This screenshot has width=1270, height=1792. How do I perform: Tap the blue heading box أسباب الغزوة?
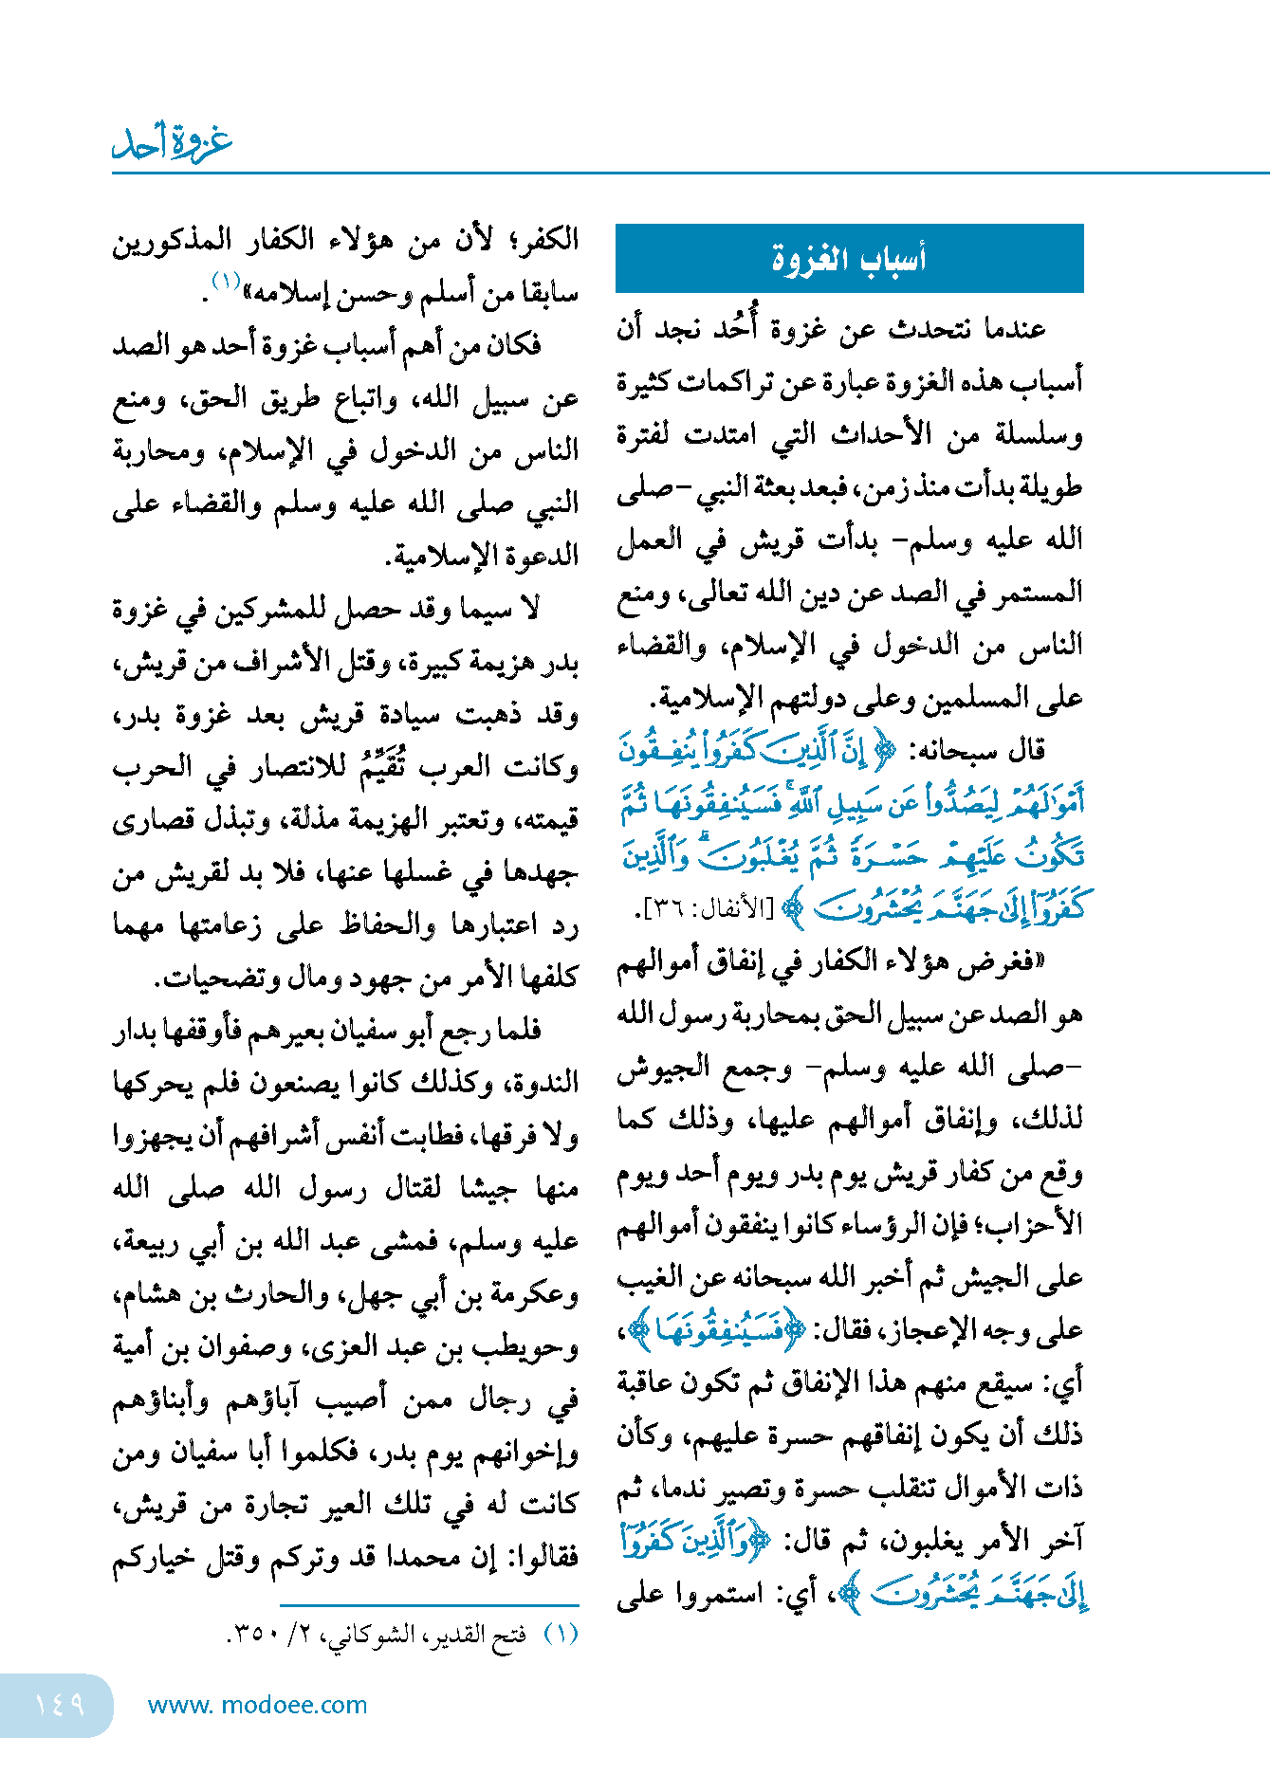849,258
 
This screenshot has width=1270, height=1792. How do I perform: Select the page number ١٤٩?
59,1705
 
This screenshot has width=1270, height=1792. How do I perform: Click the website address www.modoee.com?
258,1705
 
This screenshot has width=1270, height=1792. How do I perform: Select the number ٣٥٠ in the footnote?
250,1635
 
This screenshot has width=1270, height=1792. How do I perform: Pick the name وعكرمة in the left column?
536,1294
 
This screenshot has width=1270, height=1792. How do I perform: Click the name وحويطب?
534,1346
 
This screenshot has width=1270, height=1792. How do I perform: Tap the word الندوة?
544,1084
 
